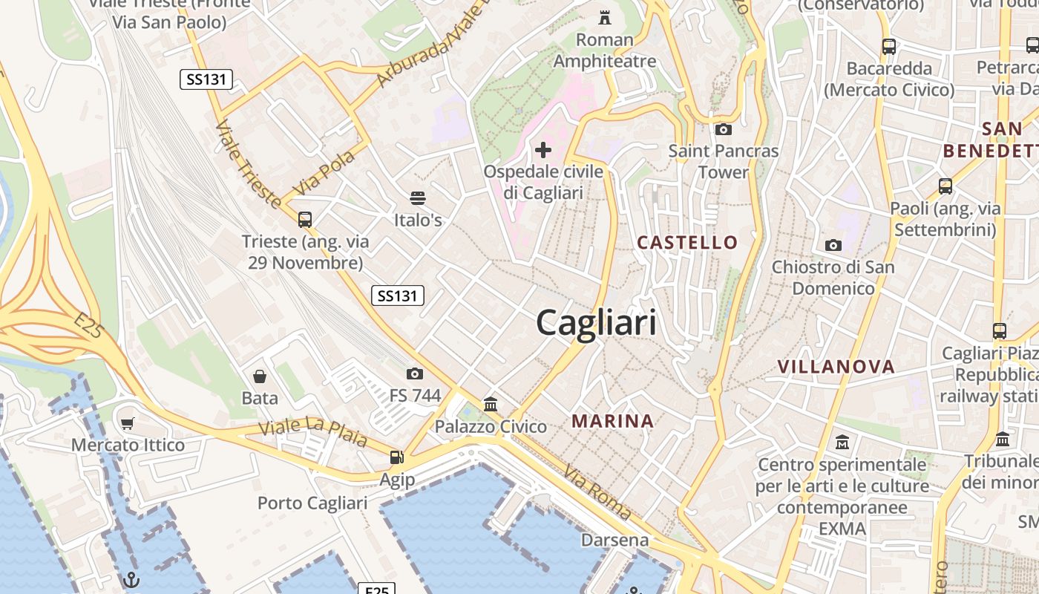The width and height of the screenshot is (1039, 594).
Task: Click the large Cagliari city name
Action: click(596, 324)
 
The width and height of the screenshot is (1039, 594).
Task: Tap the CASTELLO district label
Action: click(687, 243)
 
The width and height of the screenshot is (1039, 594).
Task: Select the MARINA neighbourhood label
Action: click(612, 422)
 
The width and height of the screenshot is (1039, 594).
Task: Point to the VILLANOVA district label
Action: click(836, 367)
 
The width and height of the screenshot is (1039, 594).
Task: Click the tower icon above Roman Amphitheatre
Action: click(605, 17)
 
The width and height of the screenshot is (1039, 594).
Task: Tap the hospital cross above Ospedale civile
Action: click(543, 151)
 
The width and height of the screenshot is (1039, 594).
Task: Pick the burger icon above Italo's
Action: click(418, 198)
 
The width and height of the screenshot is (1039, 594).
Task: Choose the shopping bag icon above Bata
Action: click(260, 376)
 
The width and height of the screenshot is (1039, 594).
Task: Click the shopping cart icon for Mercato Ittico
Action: click(128, 424)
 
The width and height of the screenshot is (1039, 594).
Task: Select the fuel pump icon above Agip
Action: click(397, 458)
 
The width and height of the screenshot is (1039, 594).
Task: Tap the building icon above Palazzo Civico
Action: click(491, 405)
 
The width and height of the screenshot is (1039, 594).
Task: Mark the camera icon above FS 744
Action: click(415, 373)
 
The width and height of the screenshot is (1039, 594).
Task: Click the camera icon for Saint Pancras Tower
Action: click(724, 130)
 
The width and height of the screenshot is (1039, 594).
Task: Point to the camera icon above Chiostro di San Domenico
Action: click(833, 245)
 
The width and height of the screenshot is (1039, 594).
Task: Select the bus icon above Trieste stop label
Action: click(305, 220)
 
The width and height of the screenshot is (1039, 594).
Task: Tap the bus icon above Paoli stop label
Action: click(945, 186)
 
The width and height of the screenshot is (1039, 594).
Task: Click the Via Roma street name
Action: click(597, 492)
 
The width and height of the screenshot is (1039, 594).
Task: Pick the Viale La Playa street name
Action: click(312, 433)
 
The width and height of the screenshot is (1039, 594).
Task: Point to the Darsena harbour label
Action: click(614, 540)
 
